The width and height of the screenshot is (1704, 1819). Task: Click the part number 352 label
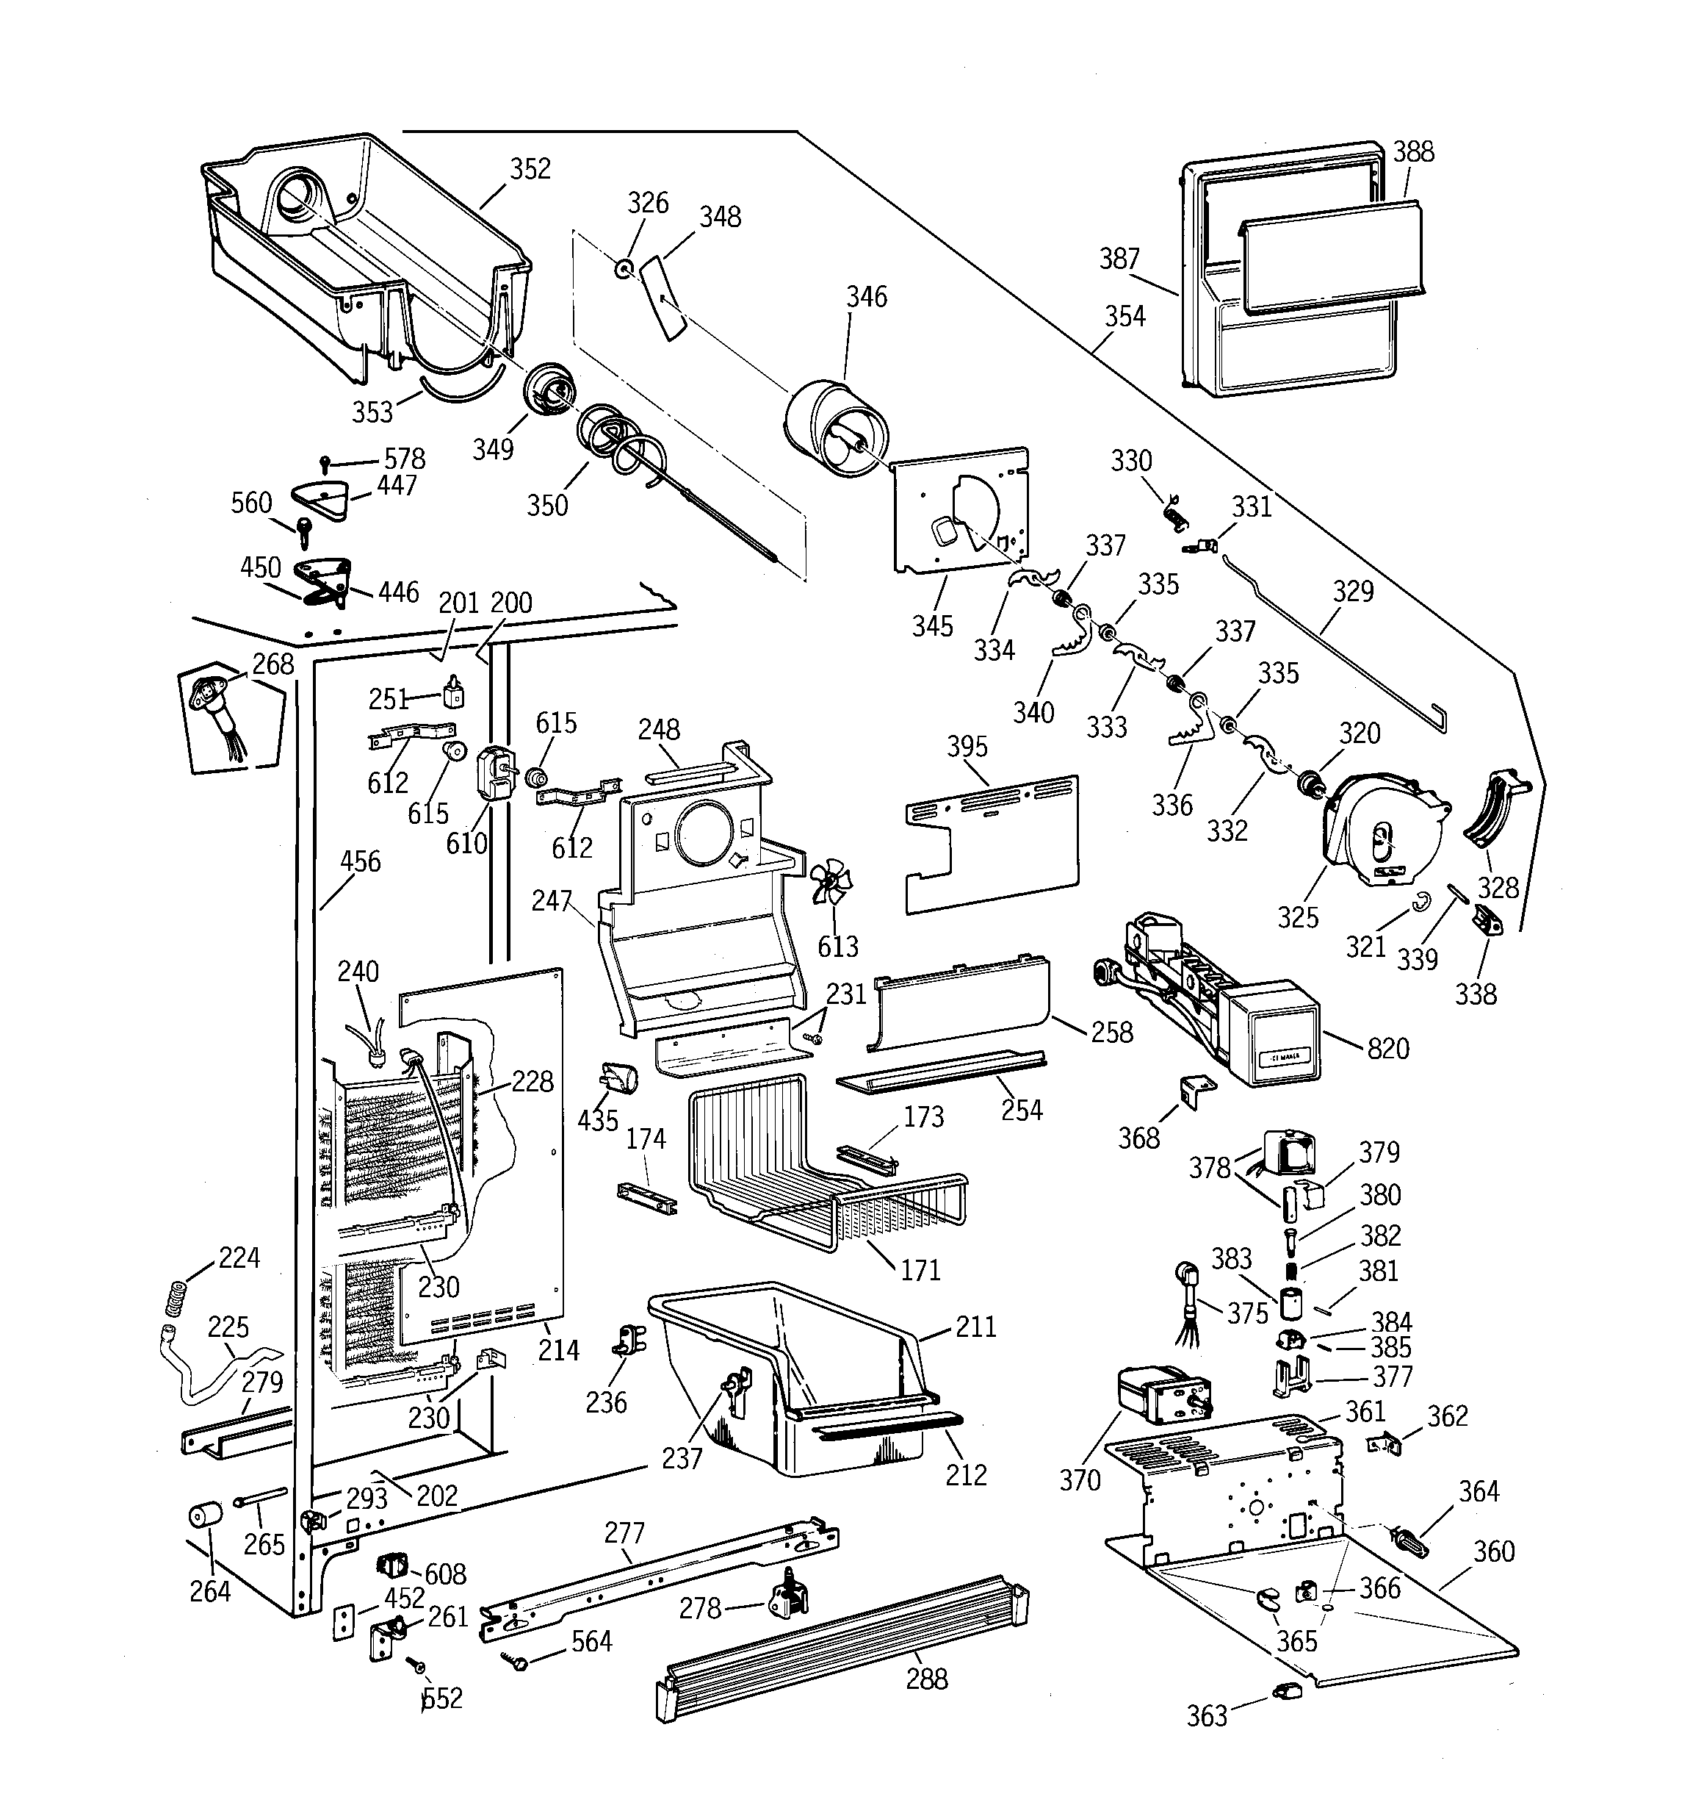[530, 169]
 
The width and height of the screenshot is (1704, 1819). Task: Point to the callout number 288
[926, 1679]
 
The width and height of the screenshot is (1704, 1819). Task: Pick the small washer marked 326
[625, 269]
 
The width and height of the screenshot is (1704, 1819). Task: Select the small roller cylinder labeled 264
[206, 1516]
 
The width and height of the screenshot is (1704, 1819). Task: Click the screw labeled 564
[515, 1659]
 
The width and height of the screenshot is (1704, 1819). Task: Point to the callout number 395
[967, 747]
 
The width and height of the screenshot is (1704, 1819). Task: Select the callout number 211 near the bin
[975, 1327]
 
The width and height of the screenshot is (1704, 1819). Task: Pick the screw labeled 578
[325, 464]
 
